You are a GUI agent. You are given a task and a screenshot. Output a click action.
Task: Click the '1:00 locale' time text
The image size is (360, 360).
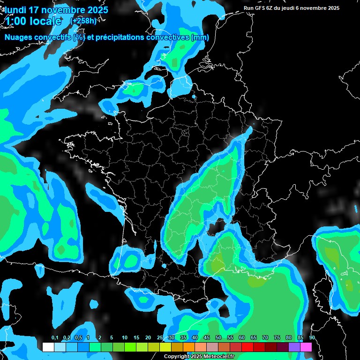33,21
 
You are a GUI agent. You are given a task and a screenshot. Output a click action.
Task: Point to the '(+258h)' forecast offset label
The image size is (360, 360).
83,21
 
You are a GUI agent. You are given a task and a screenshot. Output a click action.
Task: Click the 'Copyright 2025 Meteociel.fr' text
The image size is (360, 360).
199,356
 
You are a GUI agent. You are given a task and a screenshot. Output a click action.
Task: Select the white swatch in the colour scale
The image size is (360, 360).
48,347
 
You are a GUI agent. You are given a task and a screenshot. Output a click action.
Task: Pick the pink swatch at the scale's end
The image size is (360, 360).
306,347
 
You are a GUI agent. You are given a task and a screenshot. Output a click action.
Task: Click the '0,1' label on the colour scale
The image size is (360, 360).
54,338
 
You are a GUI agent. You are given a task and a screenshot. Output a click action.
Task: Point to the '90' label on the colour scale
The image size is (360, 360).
312,338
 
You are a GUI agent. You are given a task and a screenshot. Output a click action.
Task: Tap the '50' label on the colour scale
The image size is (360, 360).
218,338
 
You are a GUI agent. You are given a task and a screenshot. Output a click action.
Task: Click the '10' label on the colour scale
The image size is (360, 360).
125,338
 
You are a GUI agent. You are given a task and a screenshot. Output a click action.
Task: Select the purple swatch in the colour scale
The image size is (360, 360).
294,347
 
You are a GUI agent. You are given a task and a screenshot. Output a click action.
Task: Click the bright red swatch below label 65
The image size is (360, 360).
247,347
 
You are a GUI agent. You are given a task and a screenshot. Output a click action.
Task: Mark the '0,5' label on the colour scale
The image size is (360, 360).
78,338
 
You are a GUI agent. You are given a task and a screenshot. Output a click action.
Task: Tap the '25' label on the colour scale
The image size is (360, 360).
160,338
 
